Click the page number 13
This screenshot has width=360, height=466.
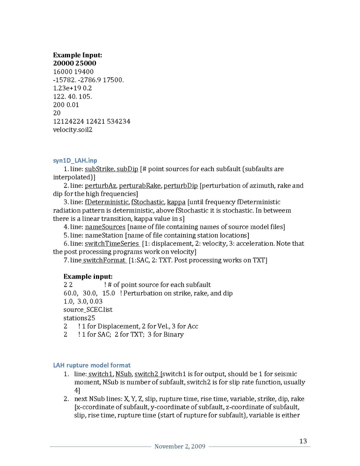303,441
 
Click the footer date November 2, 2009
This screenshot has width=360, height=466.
180,447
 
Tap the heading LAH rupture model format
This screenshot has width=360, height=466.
92,365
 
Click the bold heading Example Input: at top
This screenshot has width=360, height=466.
77,55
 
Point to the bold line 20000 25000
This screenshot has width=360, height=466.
75,63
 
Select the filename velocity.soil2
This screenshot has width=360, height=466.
73,130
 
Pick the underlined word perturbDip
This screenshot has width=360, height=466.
180,186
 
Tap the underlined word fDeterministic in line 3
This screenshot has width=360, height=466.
107,202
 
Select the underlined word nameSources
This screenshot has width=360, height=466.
105,227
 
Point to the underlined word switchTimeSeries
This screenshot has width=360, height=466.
112,244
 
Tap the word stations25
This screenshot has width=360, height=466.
79,318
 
